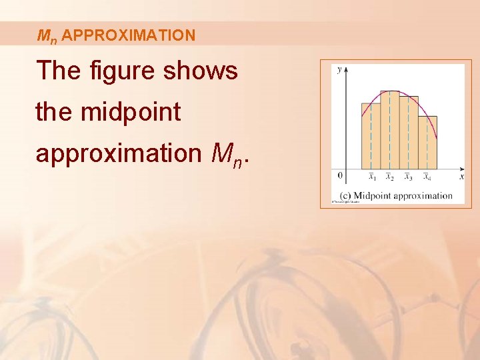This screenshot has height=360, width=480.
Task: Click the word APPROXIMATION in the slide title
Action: pyautogui.click(x=129, y=35)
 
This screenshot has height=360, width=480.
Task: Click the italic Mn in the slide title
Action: pyautogui.click(x=47, y=36)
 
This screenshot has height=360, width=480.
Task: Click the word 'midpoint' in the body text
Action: pyautogui.click(x=131, y=111)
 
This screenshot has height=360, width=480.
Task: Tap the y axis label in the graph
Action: pyautogui.click(x=340, y=69)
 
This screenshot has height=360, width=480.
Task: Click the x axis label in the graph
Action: pyautogui.click(x=461, y=177)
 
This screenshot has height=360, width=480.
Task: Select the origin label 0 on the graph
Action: pyautogui.click(x=340, y=176)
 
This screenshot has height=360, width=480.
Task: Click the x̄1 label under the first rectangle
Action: pyautogui.click(x=372, y=177)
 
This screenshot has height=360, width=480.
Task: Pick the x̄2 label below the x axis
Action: pyautogui.click(x=390, y=177)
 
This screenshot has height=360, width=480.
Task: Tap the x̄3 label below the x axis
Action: pyautogui.click(x=409, y=177)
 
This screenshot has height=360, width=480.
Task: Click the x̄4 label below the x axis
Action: pyautogui.click(x=427, y=177)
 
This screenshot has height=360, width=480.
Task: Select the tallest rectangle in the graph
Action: pyautogui.click(x=390, y=130)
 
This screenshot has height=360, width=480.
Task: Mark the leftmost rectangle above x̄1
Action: pyautogui.click(x=371, y=136)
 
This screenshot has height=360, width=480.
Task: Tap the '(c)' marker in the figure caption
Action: pyautogui.click(x=345, y=195)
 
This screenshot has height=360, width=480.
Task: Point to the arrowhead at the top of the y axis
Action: pyautogui.click(x=347, y=69)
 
